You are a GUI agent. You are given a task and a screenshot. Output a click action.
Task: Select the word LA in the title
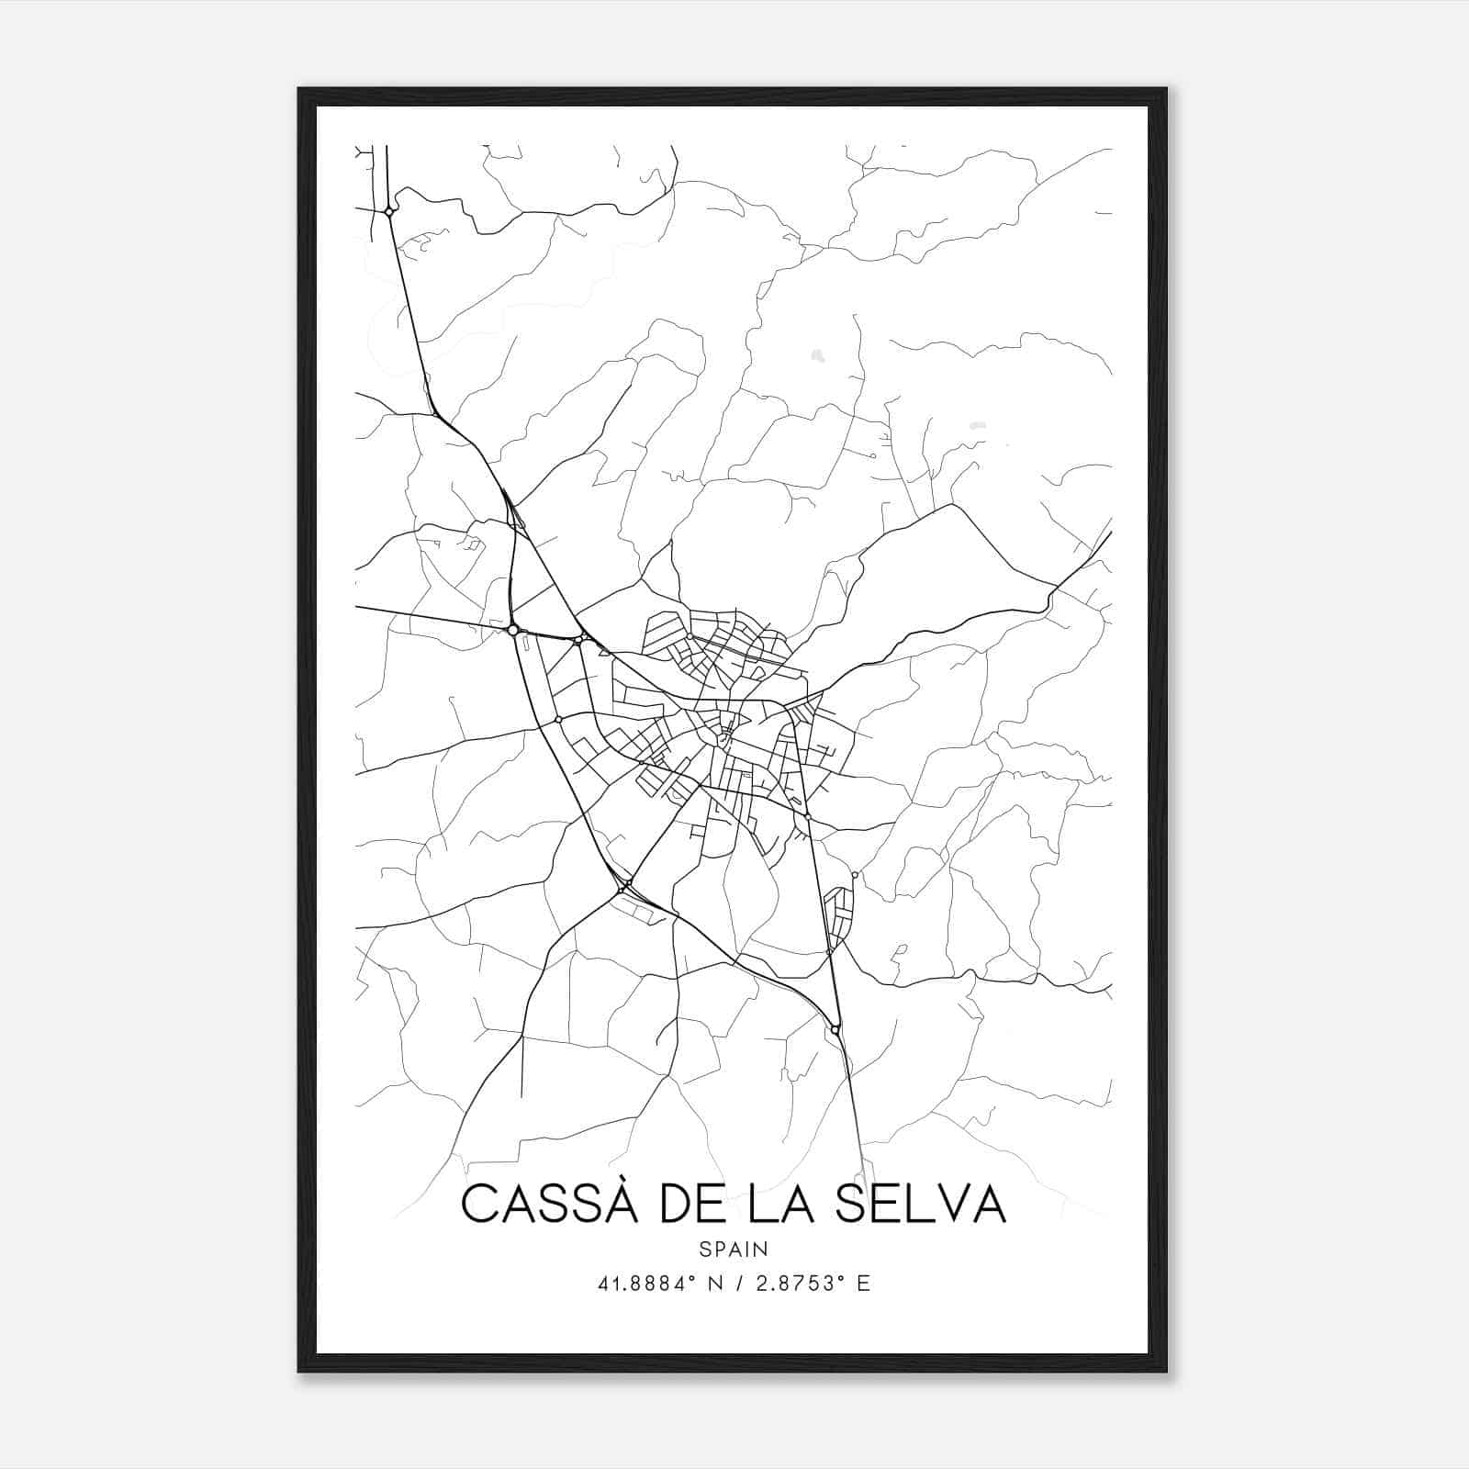783,1205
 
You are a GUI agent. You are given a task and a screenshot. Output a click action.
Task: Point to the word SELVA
922,1205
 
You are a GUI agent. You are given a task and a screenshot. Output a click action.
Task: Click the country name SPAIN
734,1249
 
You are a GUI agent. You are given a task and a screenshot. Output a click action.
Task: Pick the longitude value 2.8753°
795,1284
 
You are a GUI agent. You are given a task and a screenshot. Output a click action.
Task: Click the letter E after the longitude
863,1284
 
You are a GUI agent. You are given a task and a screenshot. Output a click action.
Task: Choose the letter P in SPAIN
720,1249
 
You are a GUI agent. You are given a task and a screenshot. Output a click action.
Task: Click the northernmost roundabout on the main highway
389,212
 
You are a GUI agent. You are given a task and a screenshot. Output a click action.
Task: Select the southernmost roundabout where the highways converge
835,1030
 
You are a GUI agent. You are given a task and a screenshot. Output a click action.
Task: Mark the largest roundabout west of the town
513,630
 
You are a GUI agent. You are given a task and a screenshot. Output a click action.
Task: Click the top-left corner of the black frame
299,89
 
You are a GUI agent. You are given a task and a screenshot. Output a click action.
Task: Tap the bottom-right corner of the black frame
1166,1372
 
